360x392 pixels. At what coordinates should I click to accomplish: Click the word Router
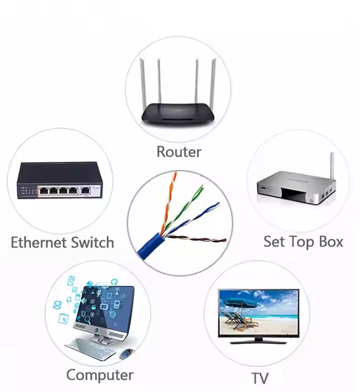[x=178, y=151]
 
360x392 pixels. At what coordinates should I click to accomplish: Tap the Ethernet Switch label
[x=63, y=242]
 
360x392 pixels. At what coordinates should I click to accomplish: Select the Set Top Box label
[x=303, y=241]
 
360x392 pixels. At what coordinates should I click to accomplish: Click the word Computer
[x=100, y=375]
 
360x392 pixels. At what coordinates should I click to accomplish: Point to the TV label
[x=260, y=378]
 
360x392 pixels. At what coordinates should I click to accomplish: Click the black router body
[x=179, y=113]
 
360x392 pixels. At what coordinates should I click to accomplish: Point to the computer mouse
[x=126, y=353]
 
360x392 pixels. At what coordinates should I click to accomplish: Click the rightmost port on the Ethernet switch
[x=86, y=190]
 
